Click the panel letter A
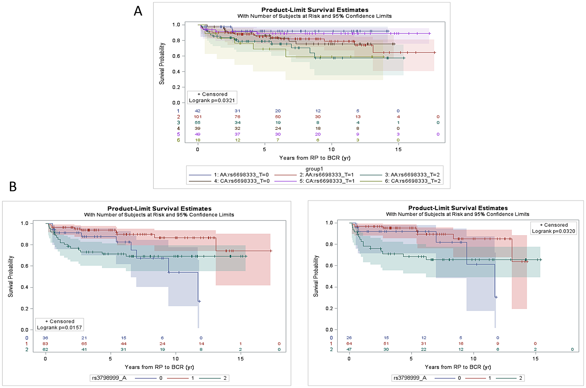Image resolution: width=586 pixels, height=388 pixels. tap(138, 11)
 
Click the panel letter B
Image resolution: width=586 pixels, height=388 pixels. tap(13, 187)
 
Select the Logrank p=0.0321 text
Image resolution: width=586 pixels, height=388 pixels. tap(212, 100)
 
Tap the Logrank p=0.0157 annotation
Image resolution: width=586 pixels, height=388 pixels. tap(59, 327)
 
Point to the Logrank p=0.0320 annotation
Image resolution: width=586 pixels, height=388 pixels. tap(553, 231)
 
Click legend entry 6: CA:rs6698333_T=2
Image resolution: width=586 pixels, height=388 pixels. tap(413, 181)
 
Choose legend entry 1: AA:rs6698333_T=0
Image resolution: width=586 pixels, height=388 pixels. tap(241, 175)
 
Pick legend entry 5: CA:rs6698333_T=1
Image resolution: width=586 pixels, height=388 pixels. tap(327, 181)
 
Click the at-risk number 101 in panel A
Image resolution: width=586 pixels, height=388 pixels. tap(197, 117)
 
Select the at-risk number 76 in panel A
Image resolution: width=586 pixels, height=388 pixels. tap(237, 117)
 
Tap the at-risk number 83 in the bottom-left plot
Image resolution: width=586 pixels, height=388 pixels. tap(45, 343)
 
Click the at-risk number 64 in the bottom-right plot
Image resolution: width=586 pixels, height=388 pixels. tap(349, 343)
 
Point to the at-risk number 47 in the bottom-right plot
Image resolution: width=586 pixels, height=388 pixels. tap(349, 349)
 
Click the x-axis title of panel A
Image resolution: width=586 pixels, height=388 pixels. tap(315, 158)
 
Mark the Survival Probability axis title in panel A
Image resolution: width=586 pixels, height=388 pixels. tap(162, 64)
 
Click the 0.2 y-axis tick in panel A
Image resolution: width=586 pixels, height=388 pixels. tap(176, 87)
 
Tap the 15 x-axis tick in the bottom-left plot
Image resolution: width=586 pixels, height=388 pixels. tap(241, 359)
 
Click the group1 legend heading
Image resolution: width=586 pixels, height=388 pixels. tap(314, 169)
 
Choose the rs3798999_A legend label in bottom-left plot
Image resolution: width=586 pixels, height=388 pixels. tap(109, 378)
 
